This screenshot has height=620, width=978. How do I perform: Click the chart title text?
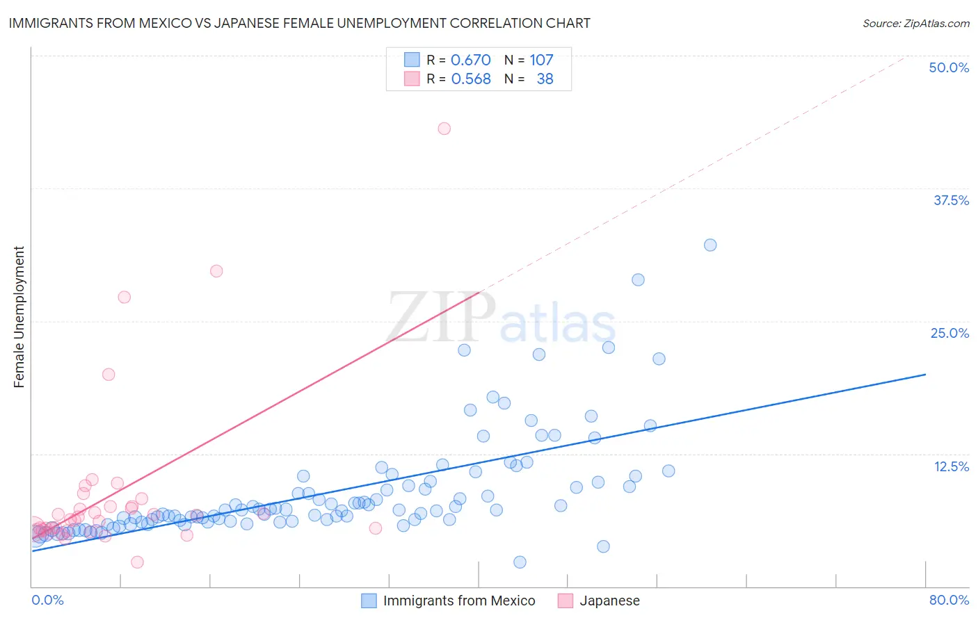299,24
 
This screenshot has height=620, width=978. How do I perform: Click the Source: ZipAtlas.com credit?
915,24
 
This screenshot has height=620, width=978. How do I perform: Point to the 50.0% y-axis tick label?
949,67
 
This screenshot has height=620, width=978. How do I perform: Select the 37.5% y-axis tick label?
951,200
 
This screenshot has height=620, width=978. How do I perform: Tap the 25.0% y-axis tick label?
949,333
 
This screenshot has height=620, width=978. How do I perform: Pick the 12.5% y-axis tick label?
951,466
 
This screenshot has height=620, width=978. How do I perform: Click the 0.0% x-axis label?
48,600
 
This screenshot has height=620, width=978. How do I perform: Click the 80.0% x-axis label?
949,600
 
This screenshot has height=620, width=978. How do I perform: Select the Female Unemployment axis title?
19,317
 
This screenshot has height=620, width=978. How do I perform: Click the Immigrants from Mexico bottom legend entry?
449,601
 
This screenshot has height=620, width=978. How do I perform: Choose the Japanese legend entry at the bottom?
599,601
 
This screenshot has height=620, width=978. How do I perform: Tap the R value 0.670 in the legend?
471,60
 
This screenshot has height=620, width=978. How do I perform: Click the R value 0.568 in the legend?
471,79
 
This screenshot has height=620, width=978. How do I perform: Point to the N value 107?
541,60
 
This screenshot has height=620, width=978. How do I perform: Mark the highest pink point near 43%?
444,129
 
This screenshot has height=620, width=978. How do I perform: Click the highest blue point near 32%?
710,245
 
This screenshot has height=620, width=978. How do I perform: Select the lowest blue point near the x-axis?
520,562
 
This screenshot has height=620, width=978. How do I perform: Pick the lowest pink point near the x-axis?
137,562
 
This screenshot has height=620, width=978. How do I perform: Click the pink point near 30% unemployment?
216,271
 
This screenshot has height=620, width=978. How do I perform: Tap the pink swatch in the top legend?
412,79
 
